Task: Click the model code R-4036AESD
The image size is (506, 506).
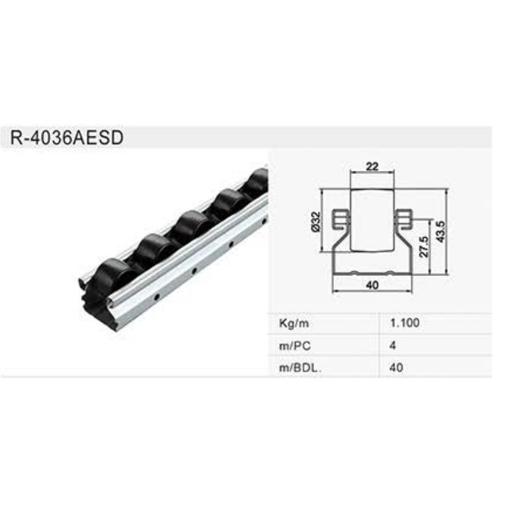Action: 66,138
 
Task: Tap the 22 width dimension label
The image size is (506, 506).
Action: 372,167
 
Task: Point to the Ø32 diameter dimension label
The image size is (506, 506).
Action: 315,221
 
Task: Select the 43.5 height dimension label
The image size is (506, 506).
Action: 440,231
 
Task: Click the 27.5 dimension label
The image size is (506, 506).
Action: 424,246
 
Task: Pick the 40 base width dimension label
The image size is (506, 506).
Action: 372,285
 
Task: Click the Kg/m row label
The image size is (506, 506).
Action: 294,323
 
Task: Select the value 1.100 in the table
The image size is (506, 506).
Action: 404,323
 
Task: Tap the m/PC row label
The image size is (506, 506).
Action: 295,346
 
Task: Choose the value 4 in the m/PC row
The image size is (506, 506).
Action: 393,346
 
